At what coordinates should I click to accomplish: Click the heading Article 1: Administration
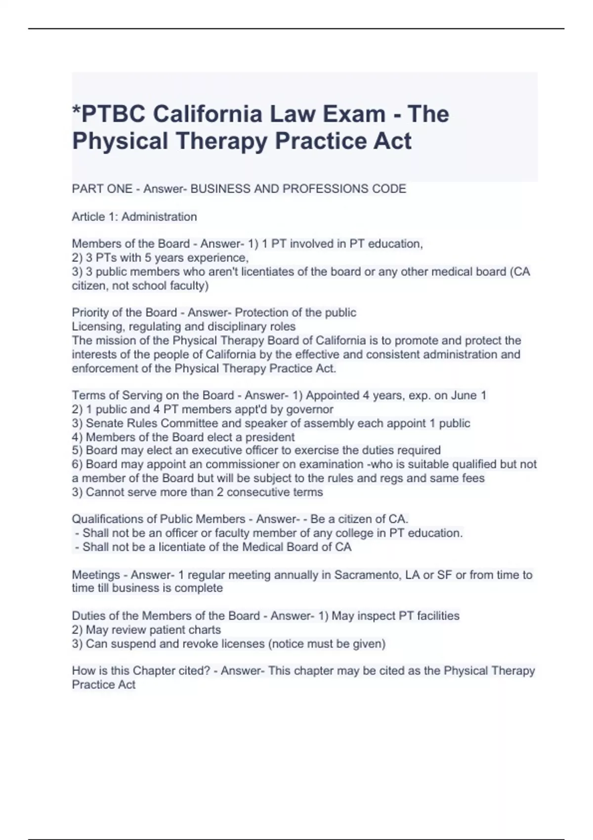pyautogui.click(x=134, y=216)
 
